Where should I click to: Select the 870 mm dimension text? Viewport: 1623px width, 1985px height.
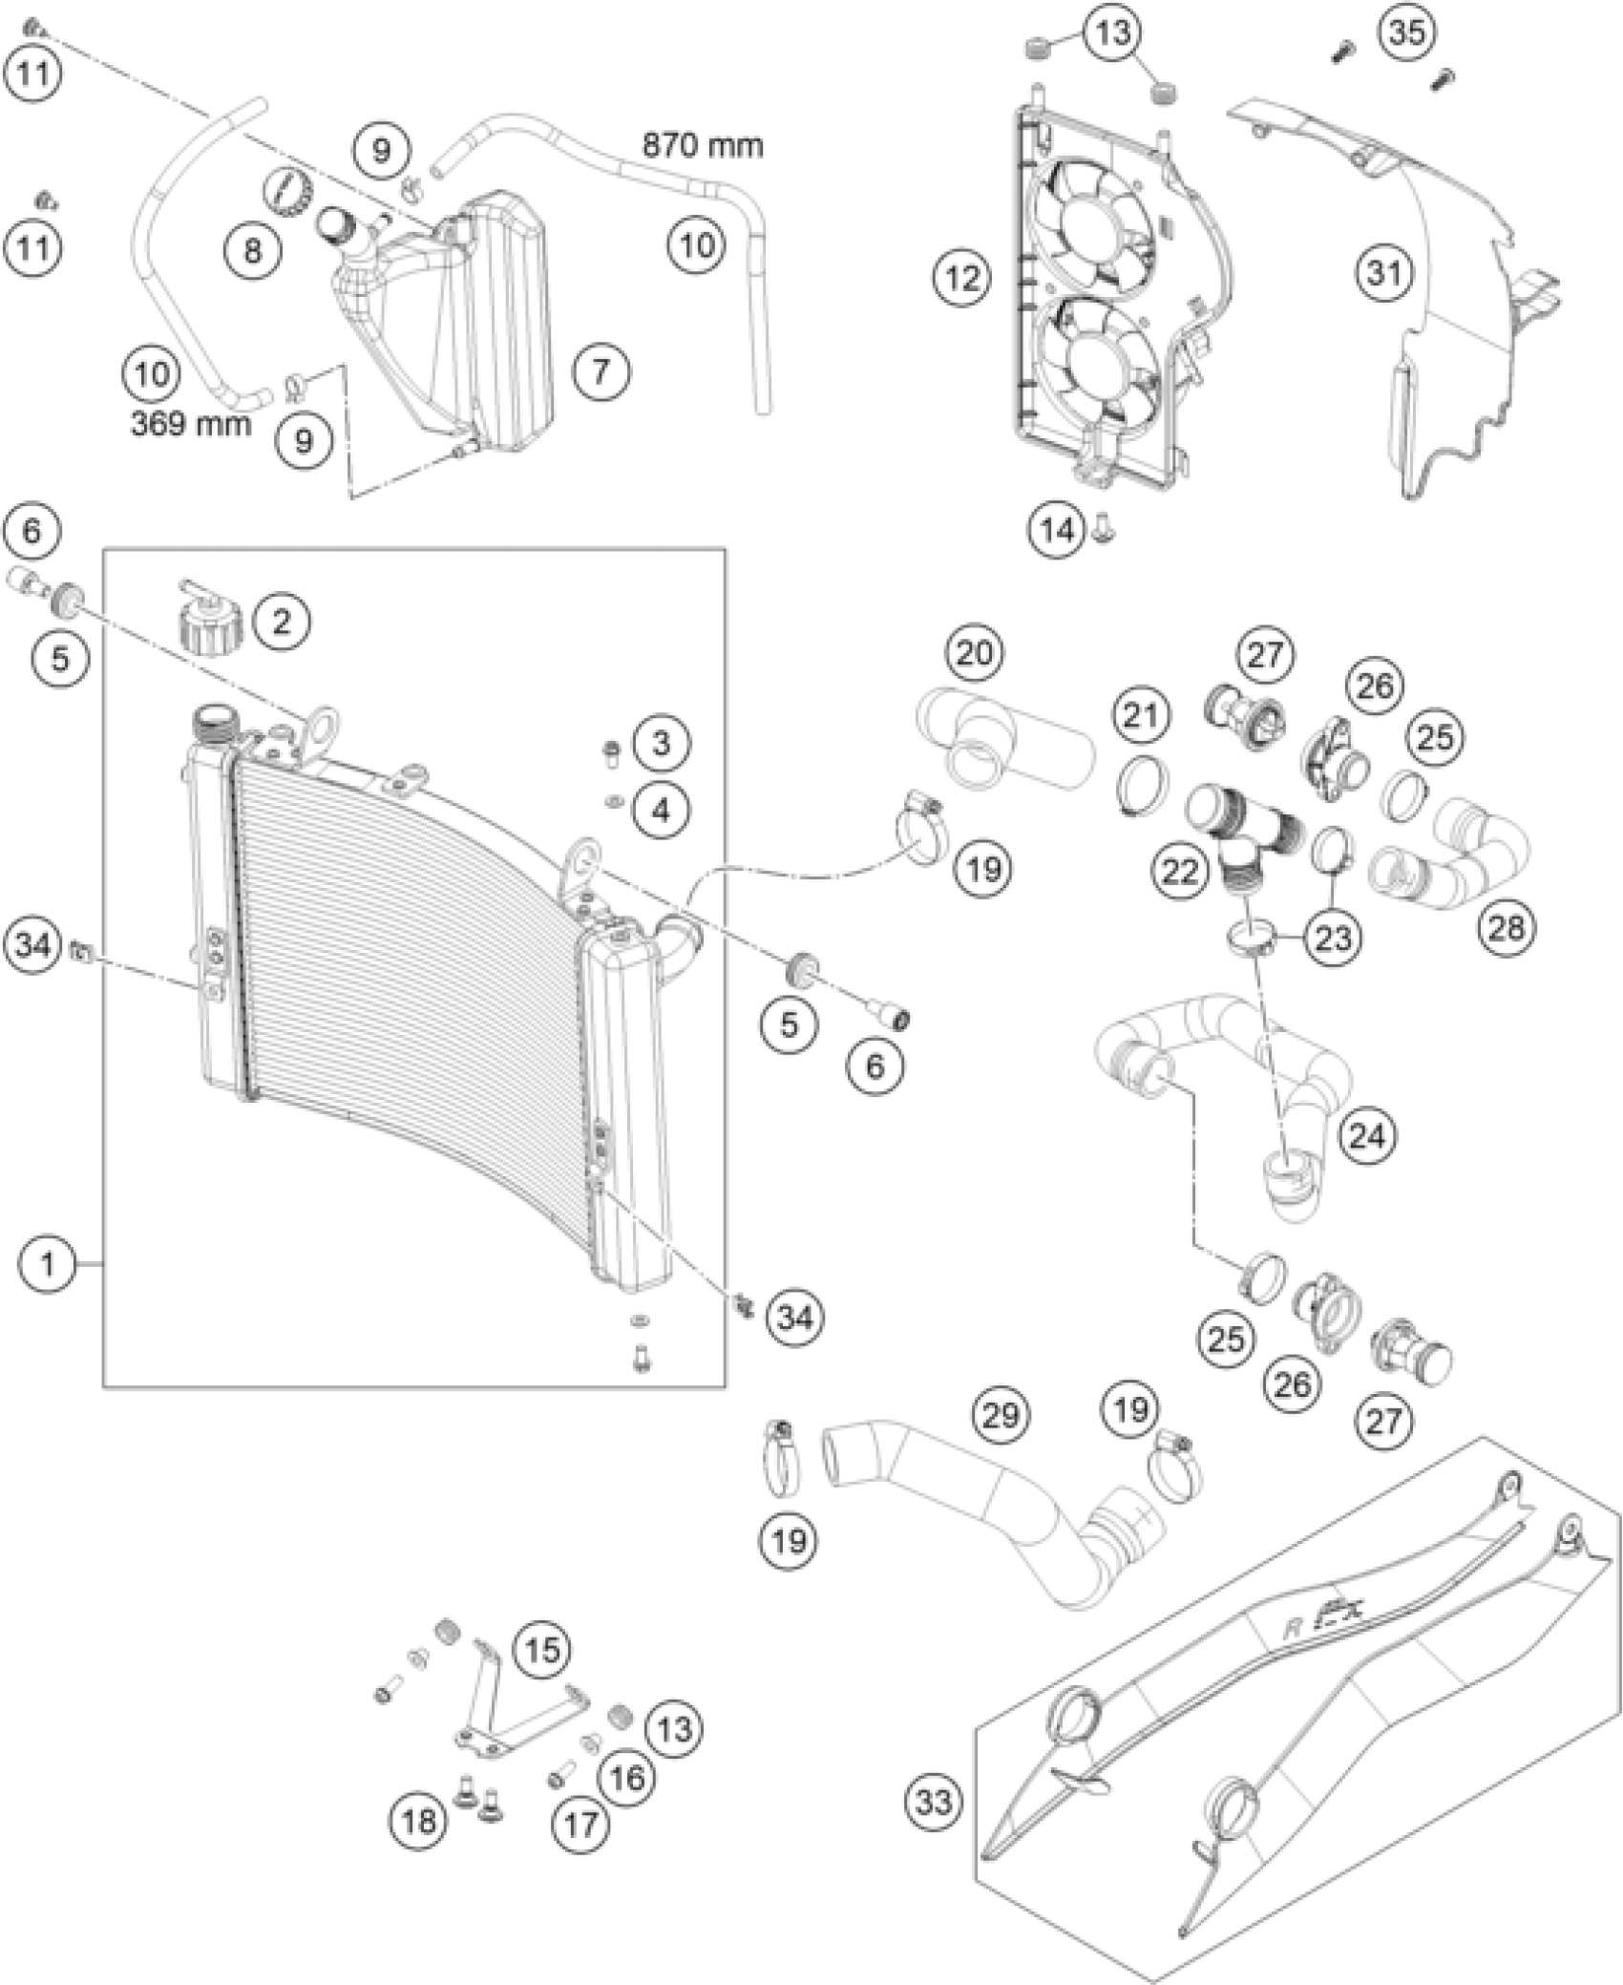[703, 145]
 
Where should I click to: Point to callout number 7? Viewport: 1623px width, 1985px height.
[601, 370]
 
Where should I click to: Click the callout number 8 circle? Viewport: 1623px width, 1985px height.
[253, 251]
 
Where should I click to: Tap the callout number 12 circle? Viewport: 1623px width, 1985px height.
[963, 279]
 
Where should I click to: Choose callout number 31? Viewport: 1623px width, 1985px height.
[1385, 274]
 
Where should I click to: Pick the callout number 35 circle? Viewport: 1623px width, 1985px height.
[1407, 32]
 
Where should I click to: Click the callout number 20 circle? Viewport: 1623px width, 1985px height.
[974, 654]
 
